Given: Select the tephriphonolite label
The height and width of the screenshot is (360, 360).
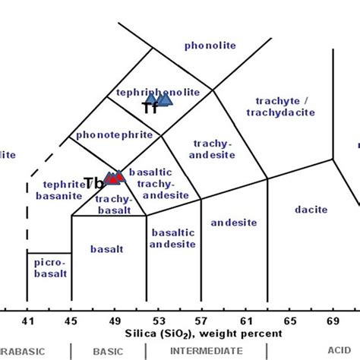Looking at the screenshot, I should [159, 92].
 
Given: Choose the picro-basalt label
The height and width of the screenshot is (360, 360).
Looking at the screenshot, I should [49, 268].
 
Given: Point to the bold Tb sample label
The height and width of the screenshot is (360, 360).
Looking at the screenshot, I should [93, 183].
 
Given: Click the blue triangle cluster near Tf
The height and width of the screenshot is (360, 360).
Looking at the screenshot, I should [160, 100].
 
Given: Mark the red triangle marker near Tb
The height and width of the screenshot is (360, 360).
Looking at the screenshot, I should [115, 178].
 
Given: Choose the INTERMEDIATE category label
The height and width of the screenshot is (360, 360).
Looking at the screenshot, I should [206, 351].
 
